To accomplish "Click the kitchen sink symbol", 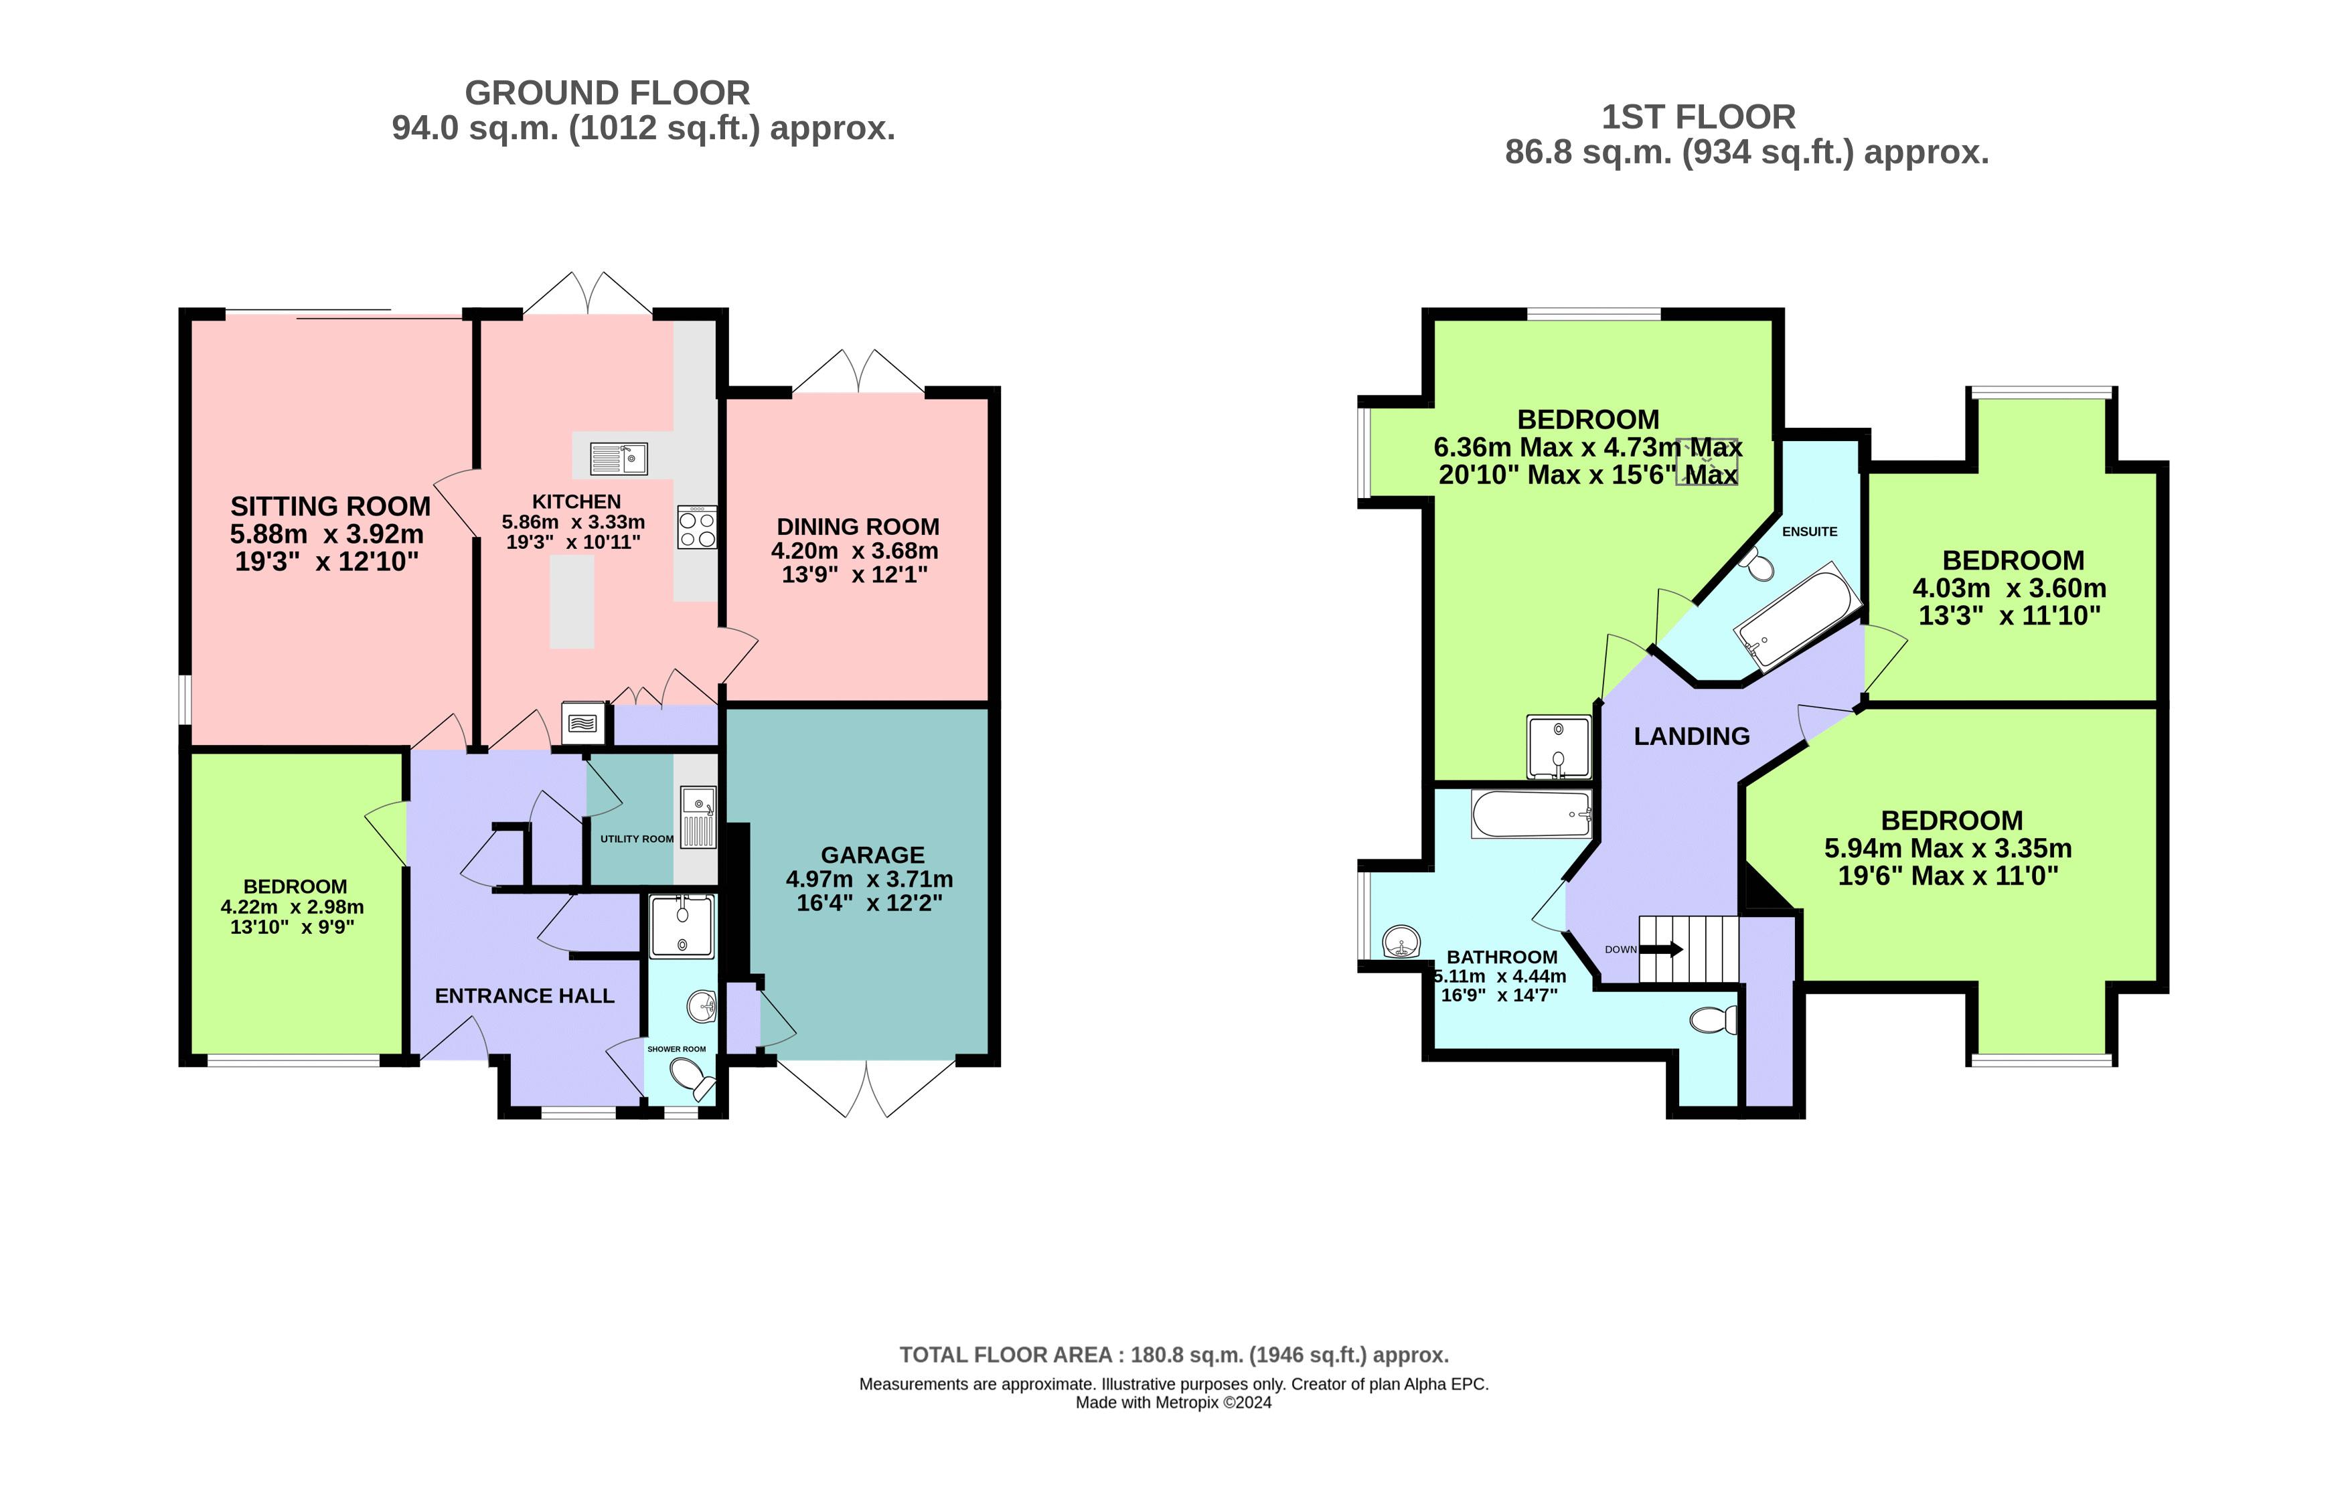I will click(x=618, y=457).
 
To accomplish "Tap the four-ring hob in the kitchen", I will click(x=697, y=527).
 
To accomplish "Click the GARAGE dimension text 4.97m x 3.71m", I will click(x=869, y=878).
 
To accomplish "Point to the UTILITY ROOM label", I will click(x=637, y=839).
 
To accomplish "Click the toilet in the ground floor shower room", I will click(x=692, y=1078).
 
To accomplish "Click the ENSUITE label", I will click(x=1809, y=531).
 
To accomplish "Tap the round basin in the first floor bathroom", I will click(x=1401, y=942).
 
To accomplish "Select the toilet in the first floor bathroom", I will click(x=1713, y=1020).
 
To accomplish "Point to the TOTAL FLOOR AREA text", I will click(x=1173, y=1354).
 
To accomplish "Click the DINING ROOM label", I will click(x=857, y=527).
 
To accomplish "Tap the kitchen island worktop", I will click(x=571, y=602).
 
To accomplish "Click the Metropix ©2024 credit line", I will click(x=1173, y=1402).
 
